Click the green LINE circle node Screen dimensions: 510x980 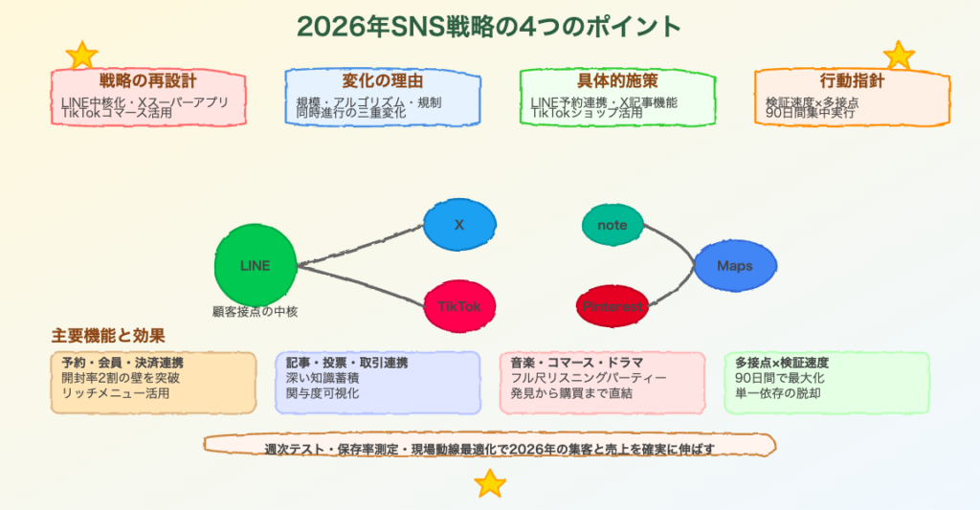[256, 265]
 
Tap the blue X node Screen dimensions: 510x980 [459, 226]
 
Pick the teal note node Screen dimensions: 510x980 [612, 225]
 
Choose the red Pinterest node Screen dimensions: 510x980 [612, 306]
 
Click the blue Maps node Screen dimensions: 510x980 [735, 265]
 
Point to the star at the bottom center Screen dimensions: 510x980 [490, 483]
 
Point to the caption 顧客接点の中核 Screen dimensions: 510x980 [256, 311]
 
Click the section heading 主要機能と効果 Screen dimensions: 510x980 [108, 336]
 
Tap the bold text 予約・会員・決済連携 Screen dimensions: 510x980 [122, 363]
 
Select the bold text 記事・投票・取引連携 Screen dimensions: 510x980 [347, 363]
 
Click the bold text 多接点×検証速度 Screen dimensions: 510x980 [782, 363]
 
